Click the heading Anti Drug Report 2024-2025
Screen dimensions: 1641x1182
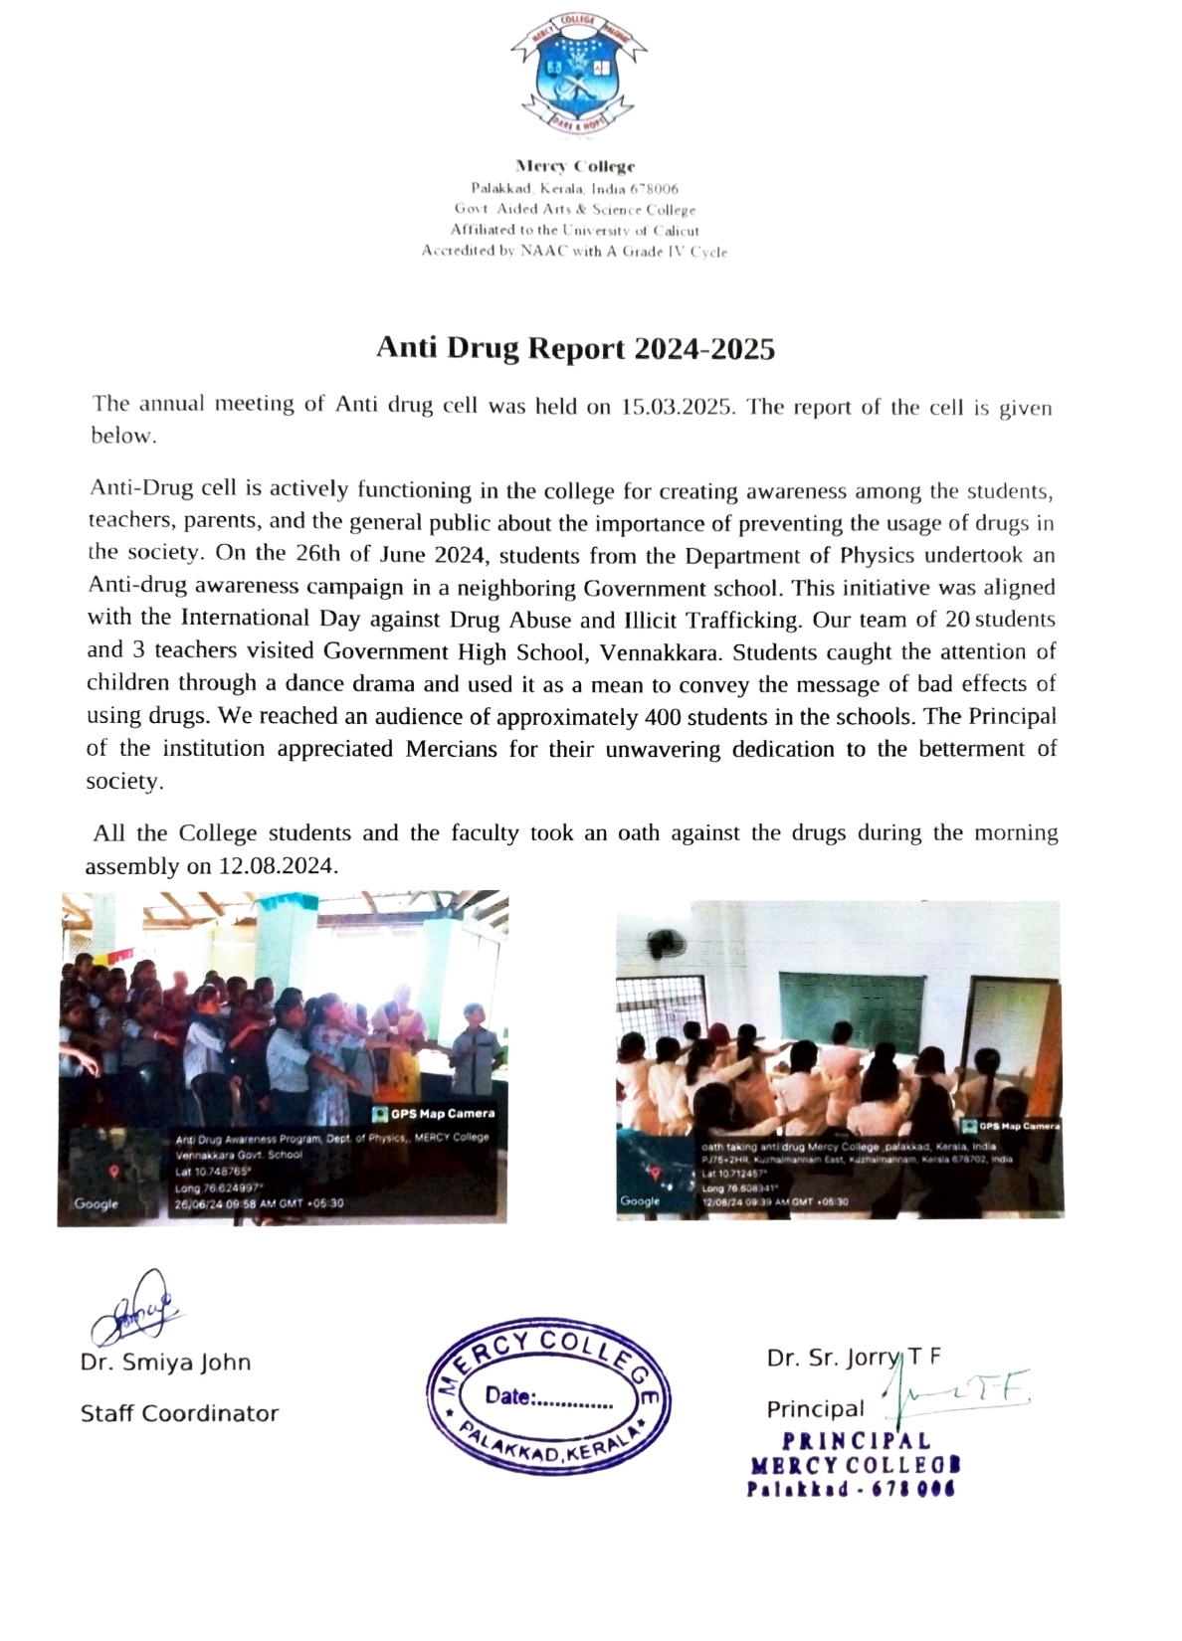click(575, 348)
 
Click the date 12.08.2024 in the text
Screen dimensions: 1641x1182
click(276, 865)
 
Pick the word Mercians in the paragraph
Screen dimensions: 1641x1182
click(451, 749)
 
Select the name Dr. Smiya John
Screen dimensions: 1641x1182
click(165, 1363)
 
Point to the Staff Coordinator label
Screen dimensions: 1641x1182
click(179, 1413)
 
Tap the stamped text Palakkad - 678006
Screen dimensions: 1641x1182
click(851, 1489)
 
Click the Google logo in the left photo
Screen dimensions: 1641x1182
click(96, 1203)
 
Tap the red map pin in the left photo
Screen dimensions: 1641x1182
click(114, 1173)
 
